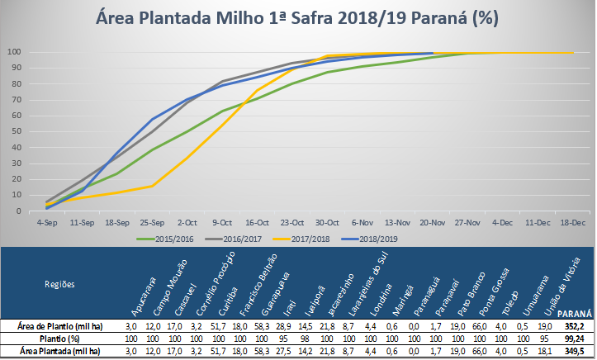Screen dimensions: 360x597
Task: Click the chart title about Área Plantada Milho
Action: point(297,17)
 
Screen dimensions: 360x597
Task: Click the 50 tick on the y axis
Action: point(17,131)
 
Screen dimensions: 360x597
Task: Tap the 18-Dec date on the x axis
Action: point(572,222)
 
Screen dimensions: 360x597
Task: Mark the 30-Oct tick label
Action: point(329,222)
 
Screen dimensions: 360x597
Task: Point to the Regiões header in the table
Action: point(59,283)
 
